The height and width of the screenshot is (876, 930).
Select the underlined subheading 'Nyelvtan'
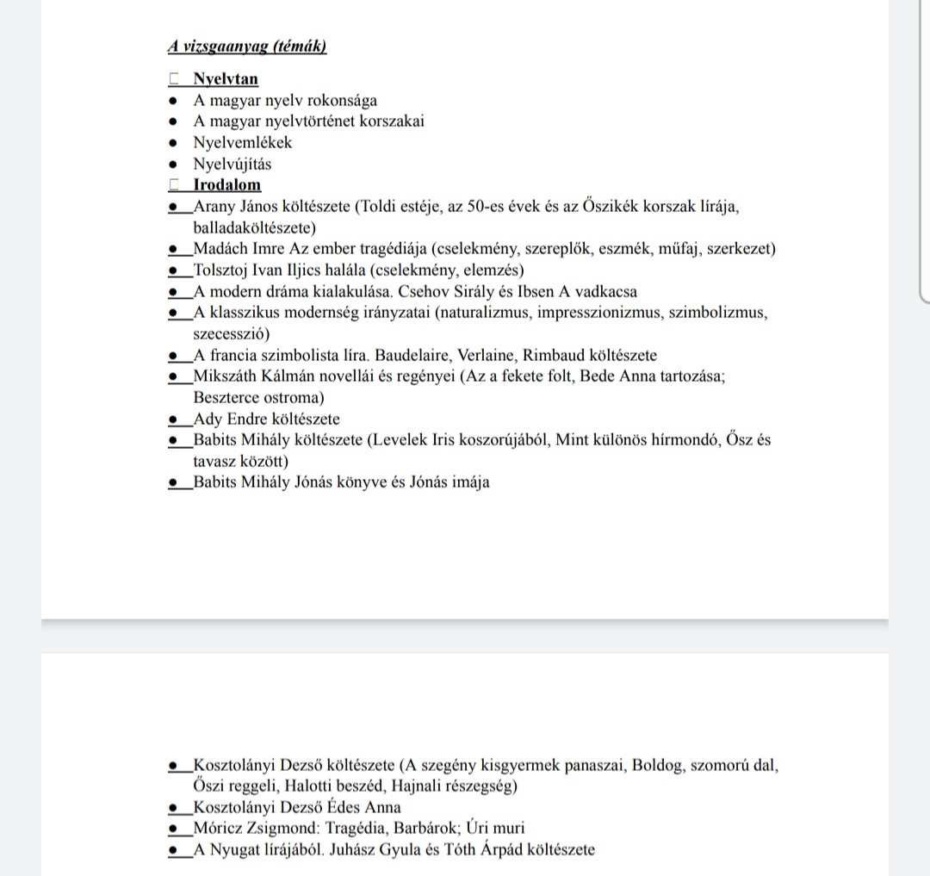226,79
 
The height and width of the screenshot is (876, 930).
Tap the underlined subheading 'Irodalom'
227,185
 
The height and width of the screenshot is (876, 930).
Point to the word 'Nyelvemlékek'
243,143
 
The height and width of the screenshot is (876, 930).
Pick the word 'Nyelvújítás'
232,164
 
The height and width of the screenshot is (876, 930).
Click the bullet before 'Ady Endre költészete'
174,419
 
